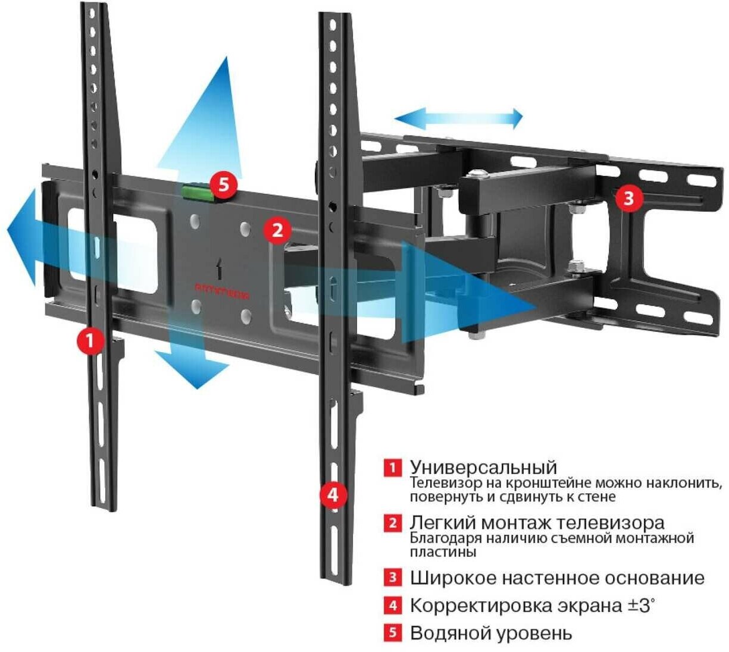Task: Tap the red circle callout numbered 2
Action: (x=277, y=230)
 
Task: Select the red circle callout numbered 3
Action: (x=629, y=198)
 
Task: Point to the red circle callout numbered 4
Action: (x=333, y=494)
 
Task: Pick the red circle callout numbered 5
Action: (x=223, y=184)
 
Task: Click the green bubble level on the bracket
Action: (x=199, y=192)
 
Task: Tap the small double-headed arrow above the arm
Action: (x=459, y=118)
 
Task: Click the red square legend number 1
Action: (x=392, y=467)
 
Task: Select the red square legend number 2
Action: (x=392, y=524)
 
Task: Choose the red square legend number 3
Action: (x=392, y=577)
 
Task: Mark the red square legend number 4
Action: (x=392, y=606)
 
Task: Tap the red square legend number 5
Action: (x=392, y=632)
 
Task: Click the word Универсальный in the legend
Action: (x=483, y=467)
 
